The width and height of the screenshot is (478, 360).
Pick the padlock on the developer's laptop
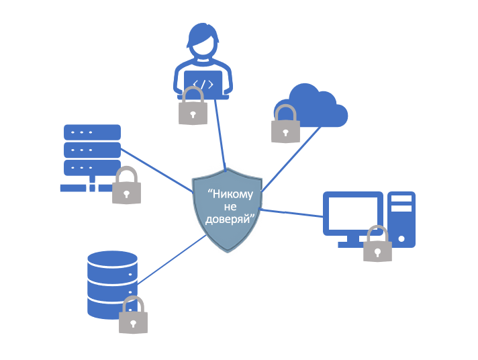[x=193, y=107]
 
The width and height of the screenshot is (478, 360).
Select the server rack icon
[x=91, y=151]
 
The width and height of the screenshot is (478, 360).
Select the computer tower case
[x=401, y=218]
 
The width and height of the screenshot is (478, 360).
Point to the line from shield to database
[x=172, y=258]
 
